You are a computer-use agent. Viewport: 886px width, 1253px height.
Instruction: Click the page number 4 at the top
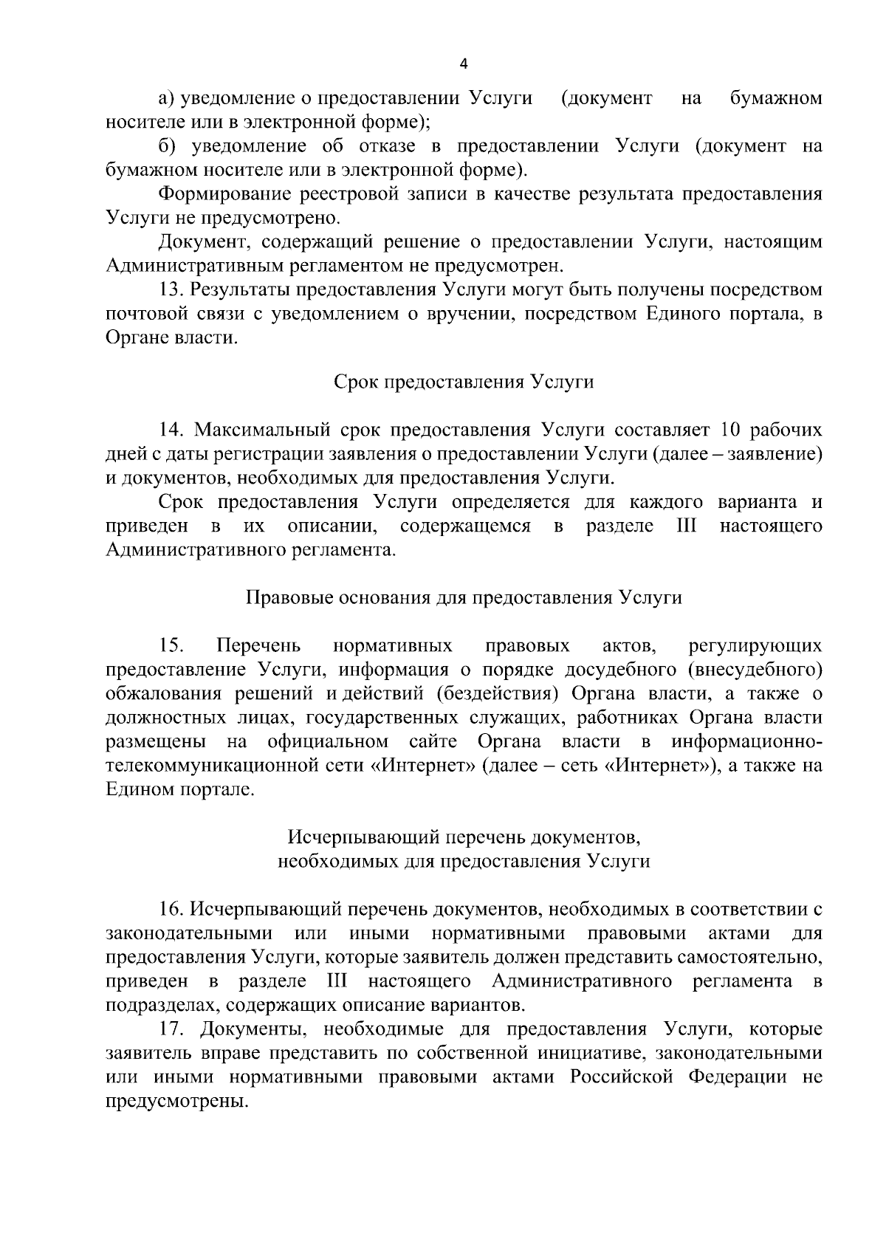tap(463, 64)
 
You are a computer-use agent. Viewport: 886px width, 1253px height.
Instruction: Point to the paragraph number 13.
tap(171, 290)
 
